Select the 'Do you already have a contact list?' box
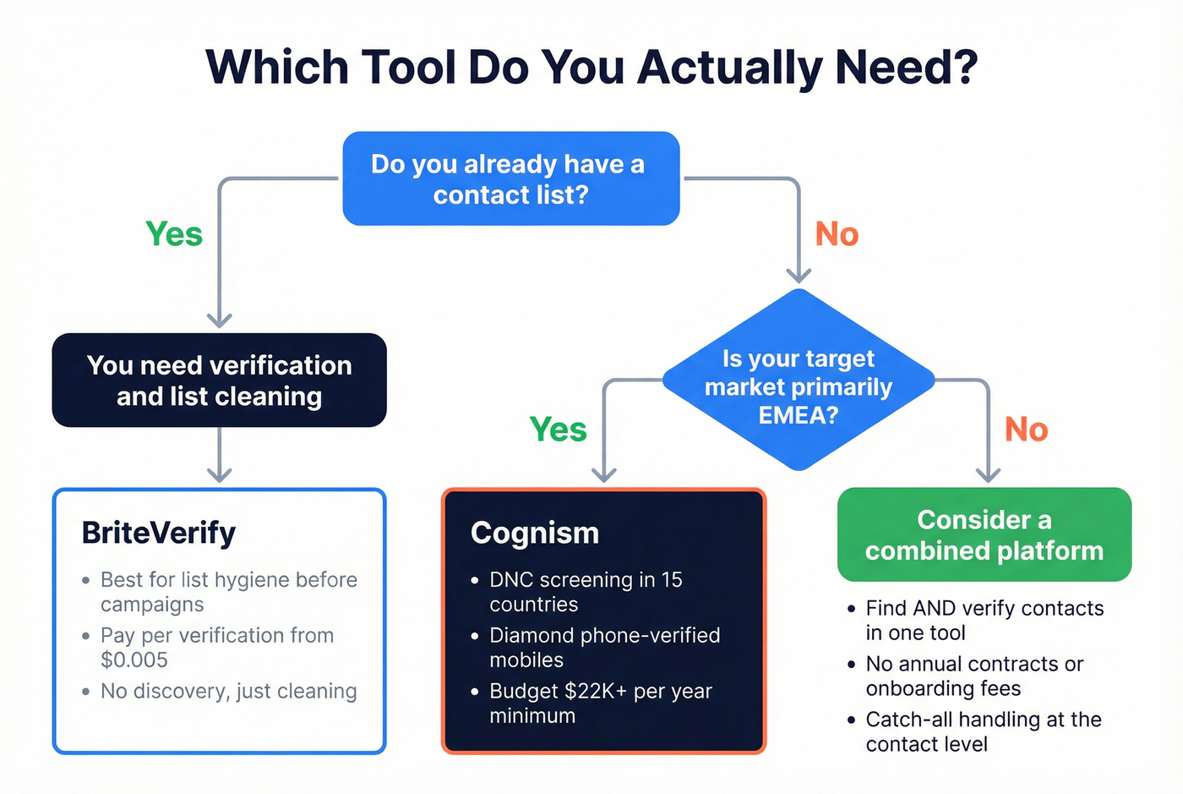click(510, 178)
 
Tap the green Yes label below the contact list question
click(174, 234)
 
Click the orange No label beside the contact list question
click(837, 234)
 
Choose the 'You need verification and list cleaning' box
click(219, 381)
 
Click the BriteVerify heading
click(159, 533)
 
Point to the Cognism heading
click(535, 533)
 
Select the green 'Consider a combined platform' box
click(984, 534)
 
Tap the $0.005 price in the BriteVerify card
click(134, 660)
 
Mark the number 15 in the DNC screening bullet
click(672, 579)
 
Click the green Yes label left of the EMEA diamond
click(559, 430)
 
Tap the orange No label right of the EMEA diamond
click(1026, 430)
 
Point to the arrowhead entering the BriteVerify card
click(220, 474)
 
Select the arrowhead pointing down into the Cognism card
click(604, 474)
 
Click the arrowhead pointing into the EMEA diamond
click(799, 275)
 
